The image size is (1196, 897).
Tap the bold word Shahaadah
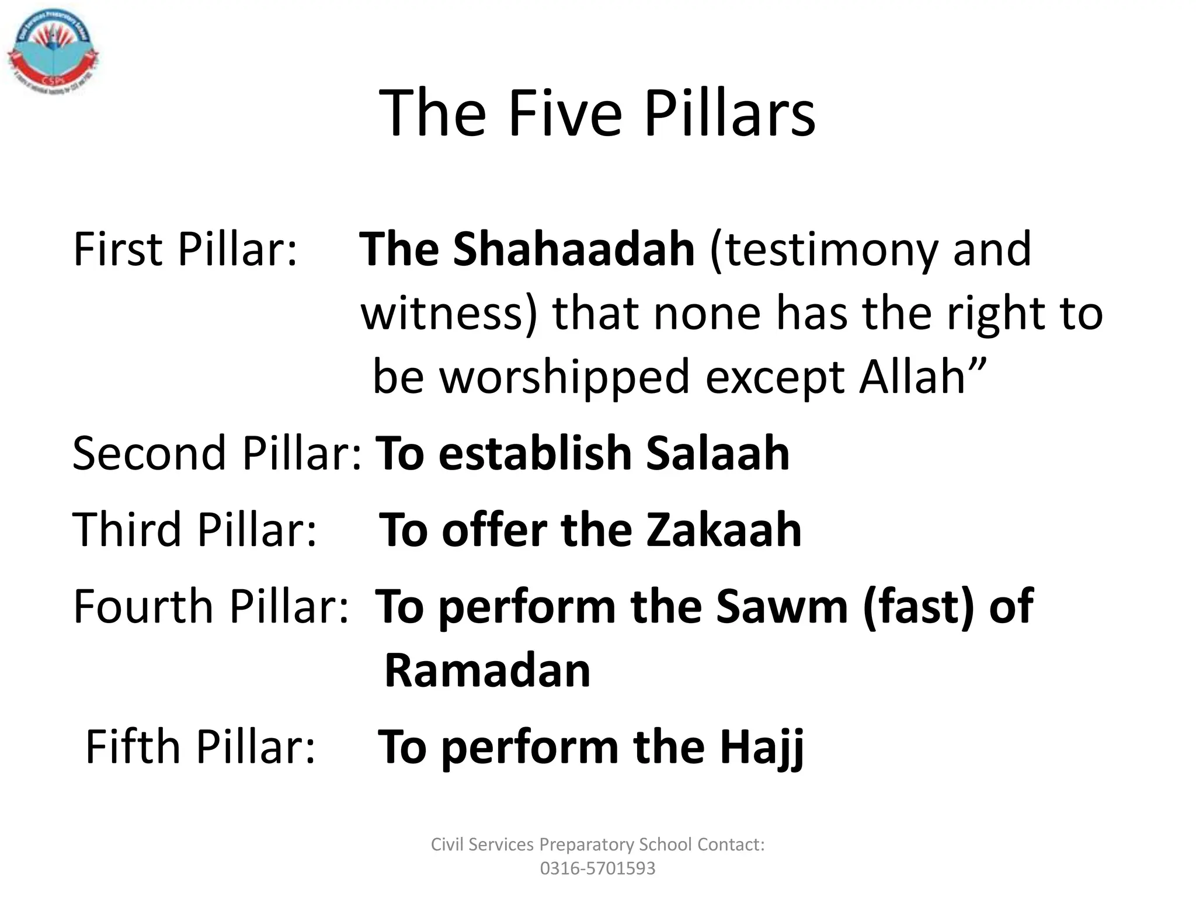(x=573, y=249)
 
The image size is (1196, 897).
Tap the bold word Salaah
(x=717, y=453)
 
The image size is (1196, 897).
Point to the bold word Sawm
(x=781, y=607)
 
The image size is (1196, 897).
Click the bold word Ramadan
(x=488, y=670)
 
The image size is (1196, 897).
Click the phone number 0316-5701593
(x=597, y=868)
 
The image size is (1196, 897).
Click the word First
(x=117, y=249)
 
